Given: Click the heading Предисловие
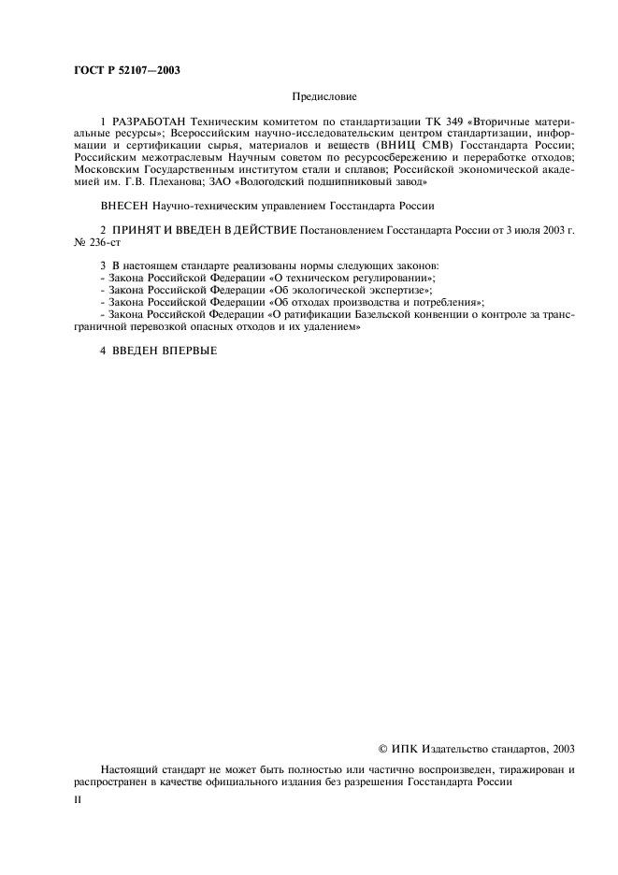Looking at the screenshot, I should click(324, 96).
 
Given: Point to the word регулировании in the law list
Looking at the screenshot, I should click(390, 280).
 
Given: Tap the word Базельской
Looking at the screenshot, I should click(383, 316).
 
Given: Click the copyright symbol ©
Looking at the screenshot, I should click(382, 748).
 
